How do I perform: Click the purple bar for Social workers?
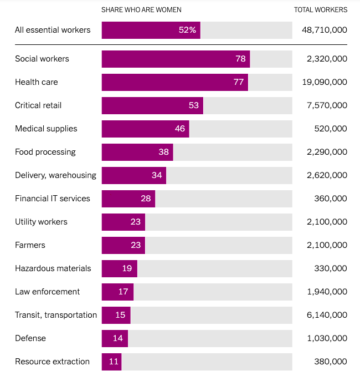click(x=176, y=59)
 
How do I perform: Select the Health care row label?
click(x=37, y=82)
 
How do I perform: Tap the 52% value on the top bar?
click(x=187, y=30)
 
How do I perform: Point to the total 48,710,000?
click(x=325, y=30)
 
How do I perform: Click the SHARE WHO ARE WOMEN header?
click(x=141, y=9)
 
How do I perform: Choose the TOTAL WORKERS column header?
click(x=321, y=9)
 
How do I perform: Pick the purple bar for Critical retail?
click(x=152, y=105)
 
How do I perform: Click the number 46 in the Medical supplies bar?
click(x=180, y=129)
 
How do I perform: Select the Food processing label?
click(x=45, y=152)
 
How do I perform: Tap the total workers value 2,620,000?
click(x=327, y=175)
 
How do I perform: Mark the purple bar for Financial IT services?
click(x=128, y=199)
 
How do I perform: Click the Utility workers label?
click(x=41, y=222)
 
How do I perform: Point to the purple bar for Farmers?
click(x=124, y=245)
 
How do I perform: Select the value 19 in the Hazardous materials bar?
click(x=127, y=268)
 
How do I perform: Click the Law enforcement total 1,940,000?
click(x=327, y=292)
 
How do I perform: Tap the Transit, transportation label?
click(x=56, y=315)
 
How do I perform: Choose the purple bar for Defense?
click(x=115, y=338)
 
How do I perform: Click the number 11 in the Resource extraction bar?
click(x=114, y=362)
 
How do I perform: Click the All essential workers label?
click(x=53, y=30)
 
